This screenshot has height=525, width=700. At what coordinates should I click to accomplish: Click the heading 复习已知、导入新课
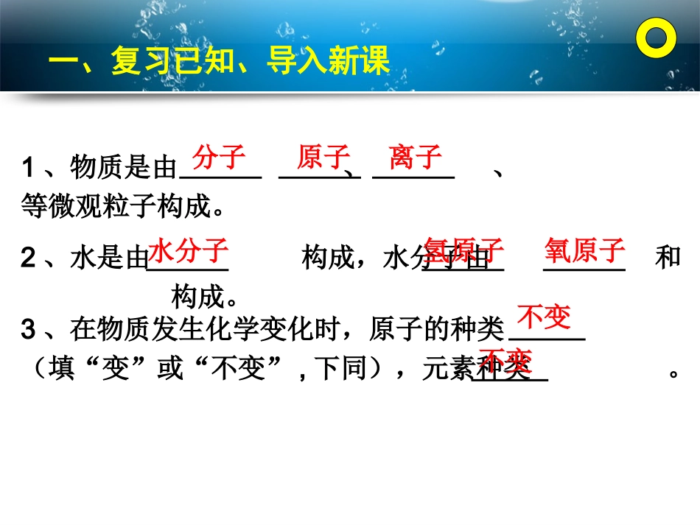tap(218, 63)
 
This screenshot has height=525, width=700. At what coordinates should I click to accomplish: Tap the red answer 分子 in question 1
tap(218, 157)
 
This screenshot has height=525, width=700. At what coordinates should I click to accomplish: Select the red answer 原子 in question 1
tap(323, 157)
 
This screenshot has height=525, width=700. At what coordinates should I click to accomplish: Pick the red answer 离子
tap(416, 157)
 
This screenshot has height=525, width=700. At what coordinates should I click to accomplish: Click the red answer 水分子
tap(188, 250)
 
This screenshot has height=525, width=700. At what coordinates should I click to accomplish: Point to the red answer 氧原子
tap(585, 250)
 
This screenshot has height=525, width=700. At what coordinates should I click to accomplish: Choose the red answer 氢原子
tap(464, 250)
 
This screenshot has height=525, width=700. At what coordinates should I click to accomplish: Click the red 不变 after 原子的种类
tap(545, 317)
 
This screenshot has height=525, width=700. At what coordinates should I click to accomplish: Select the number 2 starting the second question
tap(29, 258)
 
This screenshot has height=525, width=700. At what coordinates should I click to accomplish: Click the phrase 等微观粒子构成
tap(122, 208)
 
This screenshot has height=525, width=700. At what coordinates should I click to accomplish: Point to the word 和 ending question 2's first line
tap(668, 258)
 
